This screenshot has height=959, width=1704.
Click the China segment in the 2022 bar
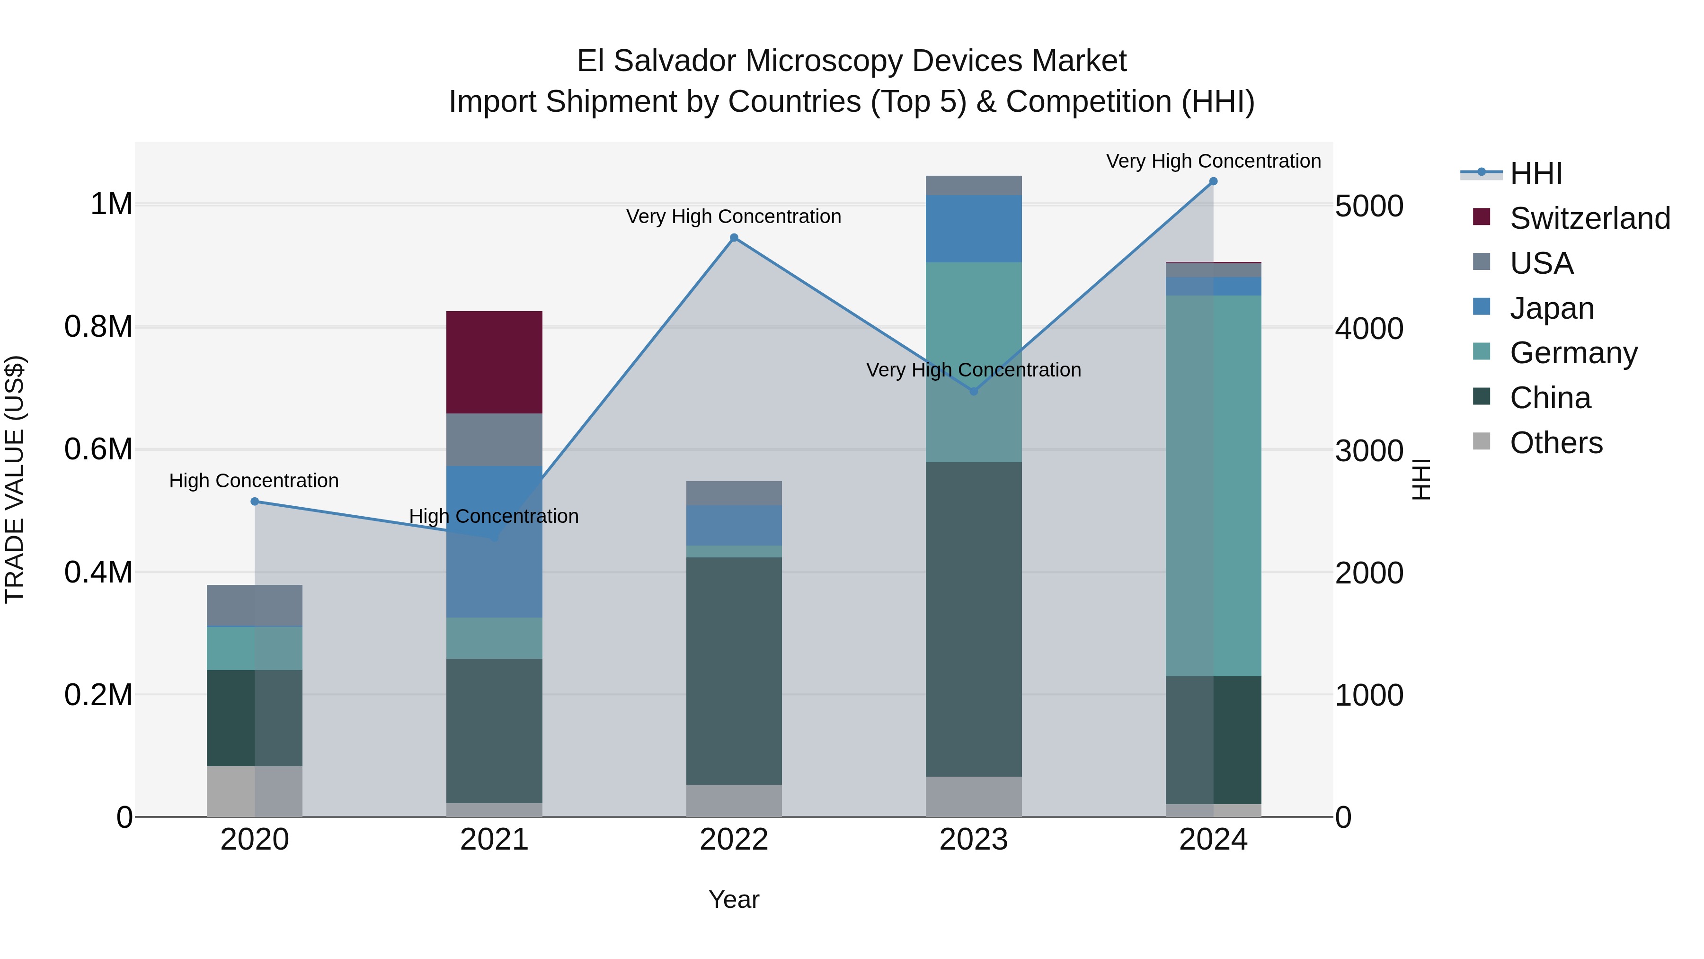coord(734,671)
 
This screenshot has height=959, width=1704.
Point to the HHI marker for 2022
coord(734,238)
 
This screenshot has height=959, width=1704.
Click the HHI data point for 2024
coord(1213,181)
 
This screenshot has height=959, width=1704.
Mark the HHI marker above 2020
coord(255,502)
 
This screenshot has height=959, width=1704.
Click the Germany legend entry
coord(1573,353)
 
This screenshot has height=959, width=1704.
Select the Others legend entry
coord(1556,443)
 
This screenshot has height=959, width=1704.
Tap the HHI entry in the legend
coord(1536,173)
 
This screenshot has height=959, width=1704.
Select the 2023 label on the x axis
coord(973,840)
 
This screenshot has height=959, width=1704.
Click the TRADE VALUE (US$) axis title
coord(15,479)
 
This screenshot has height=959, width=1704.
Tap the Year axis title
coord(734,899)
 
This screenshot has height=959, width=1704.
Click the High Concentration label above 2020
coord(254,481)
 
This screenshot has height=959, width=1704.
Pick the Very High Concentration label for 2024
coord(1213,161)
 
